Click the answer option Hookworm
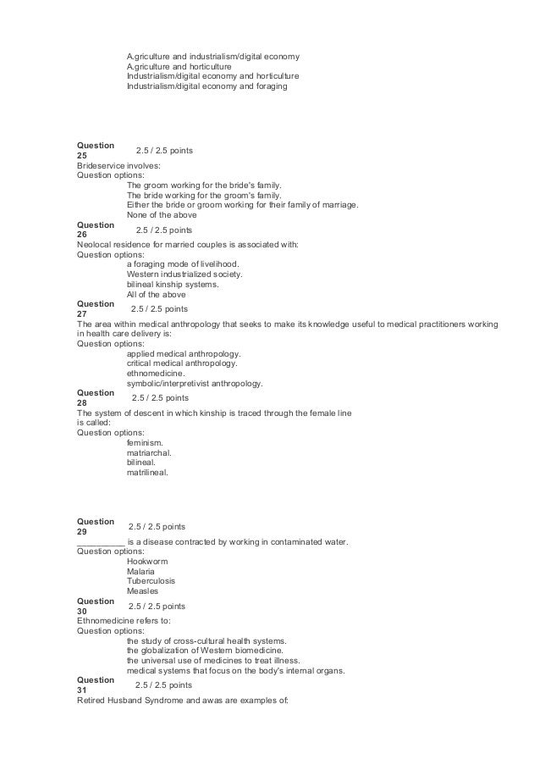[x=145, y=561]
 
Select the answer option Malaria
[x=141, y=571]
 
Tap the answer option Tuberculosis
[x=150, y=581]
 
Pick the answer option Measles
[x=142, y=591]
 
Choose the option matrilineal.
[x=147, y=473]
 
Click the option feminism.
[x=145, y=442]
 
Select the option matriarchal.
[x=149, y=452]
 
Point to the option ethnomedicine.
[x=157, y=373]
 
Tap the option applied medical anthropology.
[x=183, y=352]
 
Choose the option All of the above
[x=157, y=295]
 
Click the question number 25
[x=82, y=156]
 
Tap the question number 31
[x=82, y=690]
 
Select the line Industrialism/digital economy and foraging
[x=207, y=86]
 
